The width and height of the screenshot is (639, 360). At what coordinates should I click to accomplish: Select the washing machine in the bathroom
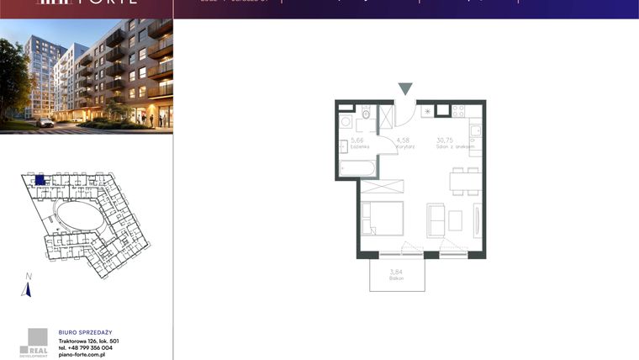point(346,121)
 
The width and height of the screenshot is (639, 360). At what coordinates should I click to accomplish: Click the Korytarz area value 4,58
point(403,140)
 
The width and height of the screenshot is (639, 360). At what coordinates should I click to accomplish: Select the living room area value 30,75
point(445,140)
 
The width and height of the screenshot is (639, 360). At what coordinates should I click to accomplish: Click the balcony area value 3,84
point(397,271)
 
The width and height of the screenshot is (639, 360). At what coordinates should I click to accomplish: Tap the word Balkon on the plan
point(397,278)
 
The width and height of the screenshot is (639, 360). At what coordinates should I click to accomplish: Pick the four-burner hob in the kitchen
point(458,110)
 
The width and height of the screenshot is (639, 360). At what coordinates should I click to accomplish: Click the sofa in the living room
point(436,220)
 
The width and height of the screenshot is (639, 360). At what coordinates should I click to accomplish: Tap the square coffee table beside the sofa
point(456,220)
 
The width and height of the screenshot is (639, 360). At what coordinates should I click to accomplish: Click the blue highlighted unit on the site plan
point(40,180)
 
